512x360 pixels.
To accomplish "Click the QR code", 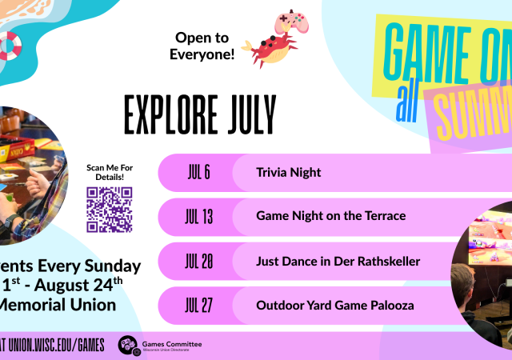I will point(109,209).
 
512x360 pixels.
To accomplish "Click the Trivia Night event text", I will point(288,173).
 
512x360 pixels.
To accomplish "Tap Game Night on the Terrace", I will point(330,217).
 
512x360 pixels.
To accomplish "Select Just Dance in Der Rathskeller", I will point(338,261).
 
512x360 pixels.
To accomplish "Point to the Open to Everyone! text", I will point(202,46).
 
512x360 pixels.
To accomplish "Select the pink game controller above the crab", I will point(289,22).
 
